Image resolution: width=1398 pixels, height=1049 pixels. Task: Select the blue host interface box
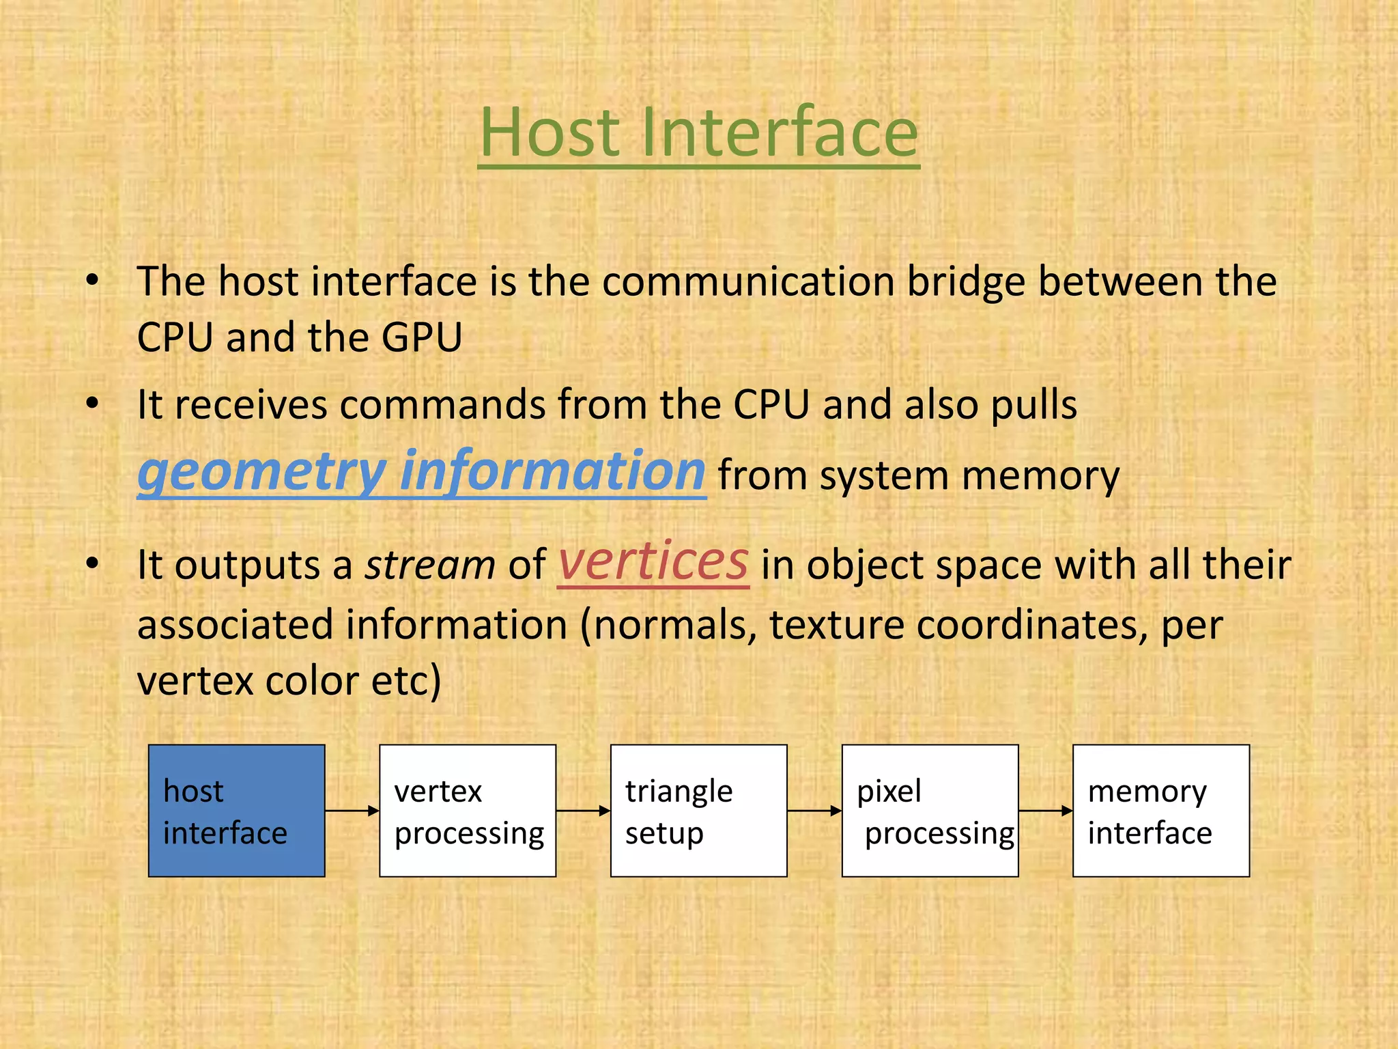pyautogui.click(x=236, y=811)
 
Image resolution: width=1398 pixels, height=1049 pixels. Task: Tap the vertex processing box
pyautogui.click(x=468, y=811)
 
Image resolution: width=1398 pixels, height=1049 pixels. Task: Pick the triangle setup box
pyautogui.click(x=698, y=811)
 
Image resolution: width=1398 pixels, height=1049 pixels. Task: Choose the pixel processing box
pyautogui.click(x=930, y=811)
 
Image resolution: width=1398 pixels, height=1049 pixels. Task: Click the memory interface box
pyautogui.click(x=1160, y=811)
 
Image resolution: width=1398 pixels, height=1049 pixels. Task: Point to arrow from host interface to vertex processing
pyautogui.click(x=352, y=811)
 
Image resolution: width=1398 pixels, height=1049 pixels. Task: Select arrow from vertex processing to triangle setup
pyautogui.click(x=583, y=811)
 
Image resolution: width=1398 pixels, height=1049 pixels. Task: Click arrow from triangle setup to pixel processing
pyautogui.click(x=814, y=811)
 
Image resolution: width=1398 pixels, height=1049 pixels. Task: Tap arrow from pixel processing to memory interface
pyautogui.click(x=1045, y=811)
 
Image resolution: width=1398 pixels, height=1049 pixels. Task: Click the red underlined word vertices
pyautogui.click(x=653, y=561)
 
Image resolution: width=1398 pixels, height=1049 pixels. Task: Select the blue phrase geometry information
pyautogui.click(x=421, y=471)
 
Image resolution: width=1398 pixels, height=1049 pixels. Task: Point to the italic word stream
pyautogui.click(x=430, y=565)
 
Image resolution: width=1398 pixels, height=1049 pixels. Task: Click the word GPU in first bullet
pyautogui.click(x=422, y=337)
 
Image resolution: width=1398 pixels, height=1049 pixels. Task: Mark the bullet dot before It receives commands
pyautogui.click(x=93, y=403)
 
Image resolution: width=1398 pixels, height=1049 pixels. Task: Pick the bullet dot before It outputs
pyautogui.click(x=93, y=564)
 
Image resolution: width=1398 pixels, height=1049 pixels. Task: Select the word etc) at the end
pyautogui.click(x=406, y=681)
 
